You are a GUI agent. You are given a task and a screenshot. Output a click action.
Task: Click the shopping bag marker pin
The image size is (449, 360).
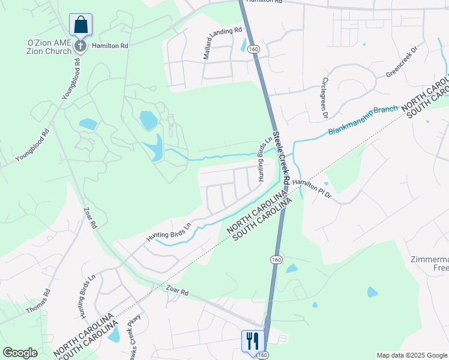coord(80,25)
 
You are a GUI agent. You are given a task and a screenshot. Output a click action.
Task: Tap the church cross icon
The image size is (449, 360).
coord(80,46)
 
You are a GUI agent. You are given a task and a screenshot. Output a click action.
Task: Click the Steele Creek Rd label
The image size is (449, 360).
coord(282,157)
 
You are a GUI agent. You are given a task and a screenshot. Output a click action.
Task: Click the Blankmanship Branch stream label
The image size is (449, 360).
coord(363,121)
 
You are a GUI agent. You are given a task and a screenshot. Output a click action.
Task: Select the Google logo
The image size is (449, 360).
coord(20,353)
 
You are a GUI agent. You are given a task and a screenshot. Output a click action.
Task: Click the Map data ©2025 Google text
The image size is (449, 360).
coord(411,355)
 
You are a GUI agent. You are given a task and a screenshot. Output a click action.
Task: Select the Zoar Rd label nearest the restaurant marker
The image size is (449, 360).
coord(176,292)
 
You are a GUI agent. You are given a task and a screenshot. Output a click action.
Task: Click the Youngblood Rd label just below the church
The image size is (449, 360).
coord(70,78)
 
